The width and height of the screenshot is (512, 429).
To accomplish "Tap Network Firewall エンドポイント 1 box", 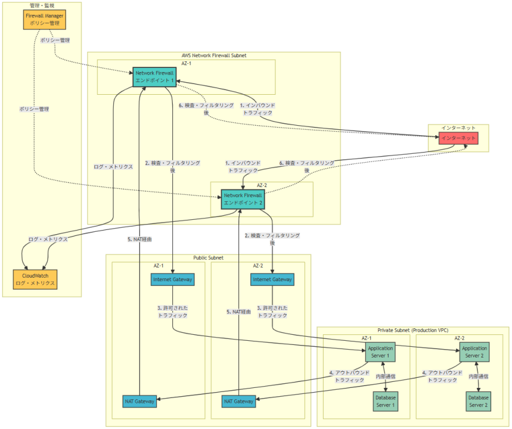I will point(154,76).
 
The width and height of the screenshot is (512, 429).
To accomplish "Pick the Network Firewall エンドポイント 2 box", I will point(243,198).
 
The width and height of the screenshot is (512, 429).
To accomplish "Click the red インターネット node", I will point(458,138).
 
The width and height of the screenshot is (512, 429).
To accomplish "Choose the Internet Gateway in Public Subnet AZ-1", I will point(172,279).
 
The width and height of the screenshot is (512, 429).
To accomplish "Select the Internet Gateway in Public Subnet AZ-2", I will point(272,279).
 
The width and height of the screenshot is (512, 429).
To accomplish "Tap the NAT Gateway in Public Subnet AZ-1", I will point(140,402).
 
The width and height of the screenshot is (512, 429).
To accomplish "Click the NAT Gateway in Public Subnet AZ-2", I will point(238,402).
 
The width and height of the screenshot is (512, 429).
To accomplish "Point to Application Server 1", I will point(380,352).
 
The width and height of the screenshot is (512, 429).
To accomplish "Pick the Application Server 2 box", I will point(474,352).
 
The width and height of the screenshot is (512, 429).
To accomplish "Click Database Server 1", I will point(385,401).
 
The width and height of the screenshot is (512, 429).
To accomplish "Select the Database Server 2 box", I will point(478,401).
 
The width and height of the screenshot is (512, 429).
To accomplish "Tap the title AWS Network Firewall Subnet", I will point(213,55).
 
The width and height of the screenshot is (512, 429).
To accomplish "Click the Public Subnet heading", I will point(208,258).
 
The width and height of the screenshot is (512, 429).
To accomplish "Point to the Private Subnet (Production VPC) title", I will point(412,330).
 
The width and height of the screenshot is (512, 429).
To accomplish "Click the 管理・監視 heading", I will point(42,5).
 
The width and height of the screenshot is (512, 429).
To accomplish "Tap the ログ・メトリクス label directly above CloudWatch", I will point(48,239).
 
